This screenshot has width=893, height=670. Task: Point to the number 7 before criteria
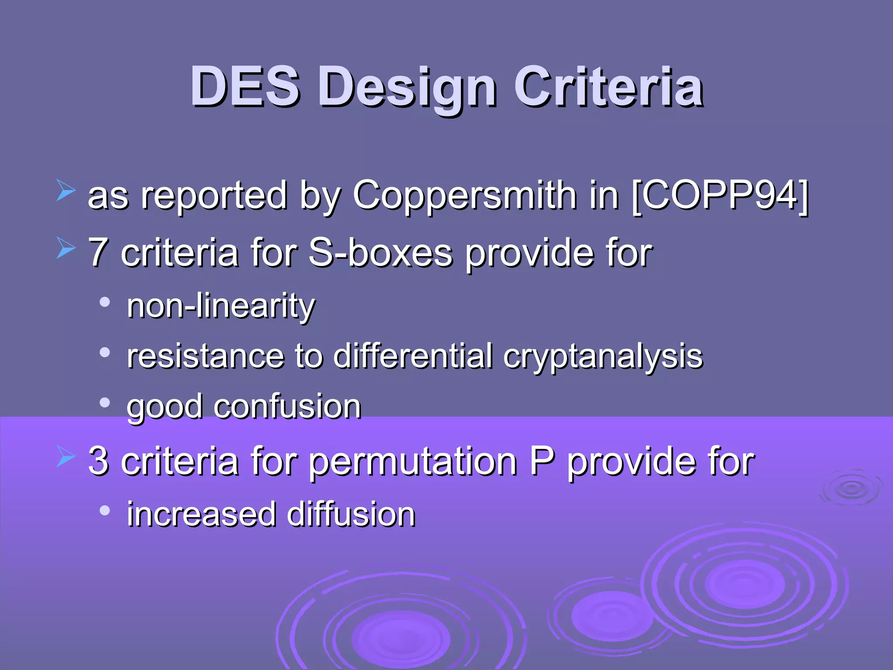tap(99, 253)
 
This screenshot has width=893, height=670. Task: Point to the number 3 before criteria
tap(99, 461)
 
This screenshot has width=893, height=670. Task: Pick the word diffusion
tap(351, 514)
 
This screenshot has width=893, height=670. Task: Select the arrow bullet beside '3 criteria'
tap(65, 457)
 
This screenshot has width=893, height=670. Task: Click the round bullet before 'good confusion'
tap(104, 403)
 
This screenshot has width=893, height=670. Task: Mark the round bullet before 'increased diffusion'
tap(104, 510)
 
